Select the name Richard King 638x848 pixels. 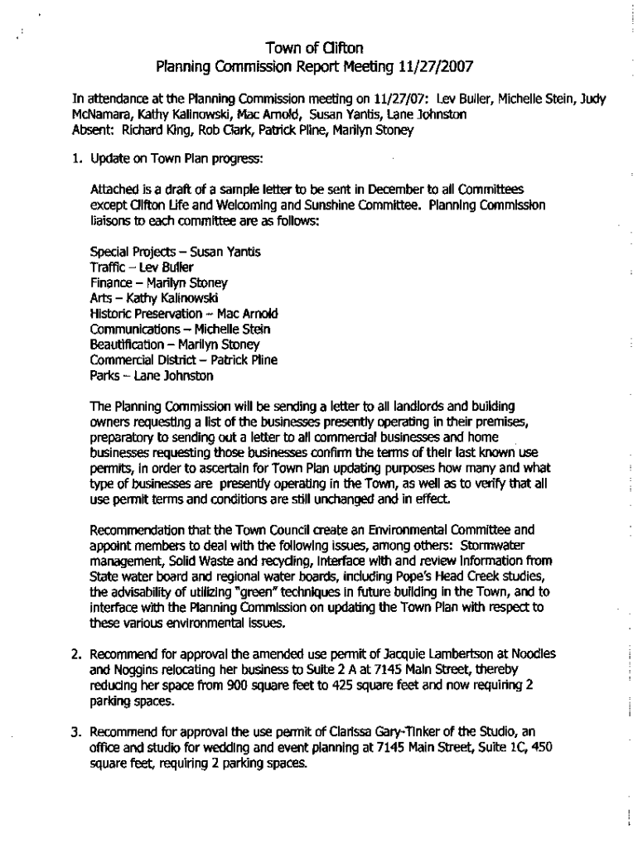(153, 130)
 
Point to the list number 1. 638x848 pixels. (76, 160)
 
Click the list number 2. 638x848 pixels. (75, 654)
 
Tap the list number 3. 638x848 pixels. (75, 733)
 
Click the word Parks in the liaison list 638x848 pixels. (104, 376)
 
